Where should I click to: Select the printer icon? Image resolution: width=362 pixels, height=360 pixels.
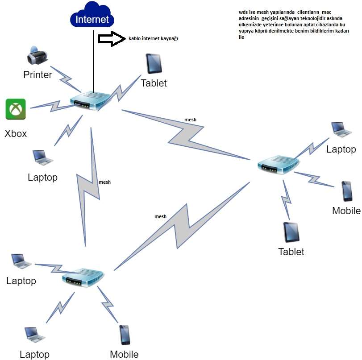coord(37,56)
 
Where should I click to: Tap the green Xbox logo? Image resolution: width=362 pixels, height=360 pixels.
coord(16,109)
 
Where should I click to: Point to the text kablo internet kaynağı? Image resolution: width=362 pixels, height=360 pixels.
coord(153,39)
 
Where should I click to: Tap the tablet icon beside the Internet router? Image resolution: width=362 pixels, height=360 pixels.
coord(154,64)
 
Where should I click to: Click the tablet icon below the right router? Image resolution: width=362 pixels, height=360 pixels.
coord(291,232)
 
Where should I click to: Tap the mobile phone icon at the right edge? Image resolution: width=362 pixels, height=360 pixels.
coord(347,191)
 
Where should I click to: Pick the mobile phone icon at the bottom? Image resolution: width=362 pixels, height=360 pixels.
coord(125,335)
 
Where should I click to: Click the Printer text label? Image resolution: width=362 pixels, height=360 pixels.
coord(37,74)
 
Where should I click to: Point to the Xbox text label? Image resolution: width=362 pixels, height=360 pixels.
coord(16,133)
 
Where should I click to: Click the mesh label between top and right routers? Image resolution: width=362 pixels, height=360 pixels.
coord(191,120)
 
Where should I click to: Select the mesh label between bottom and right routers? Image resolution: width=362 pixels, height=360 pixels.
coord(160,216)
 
